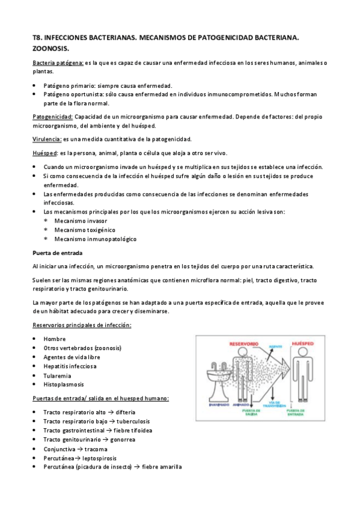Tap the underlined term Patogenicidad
pos(52,115)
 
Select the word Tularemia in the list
pos(59,375)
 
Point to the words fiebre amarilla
pos(160,467)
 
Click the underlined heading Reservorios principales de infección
pos(82,325)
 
